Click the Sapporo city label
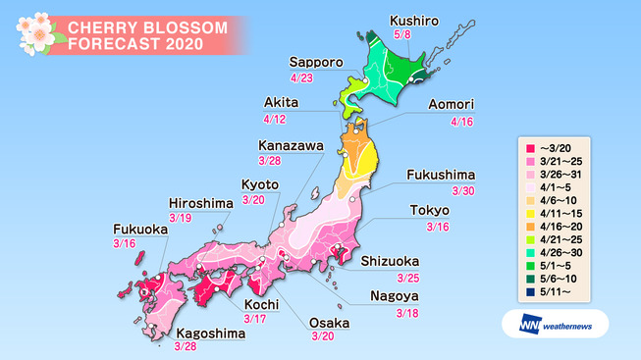[316, 61]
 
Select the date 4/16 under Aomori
[459, 122]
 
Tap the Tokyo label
[429, 211]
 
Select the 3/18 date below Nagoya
[406, 313]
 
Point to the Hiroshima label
[199, 203]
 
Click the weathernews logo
[557, 324]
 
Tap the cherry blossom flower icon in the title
[35, 33]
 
